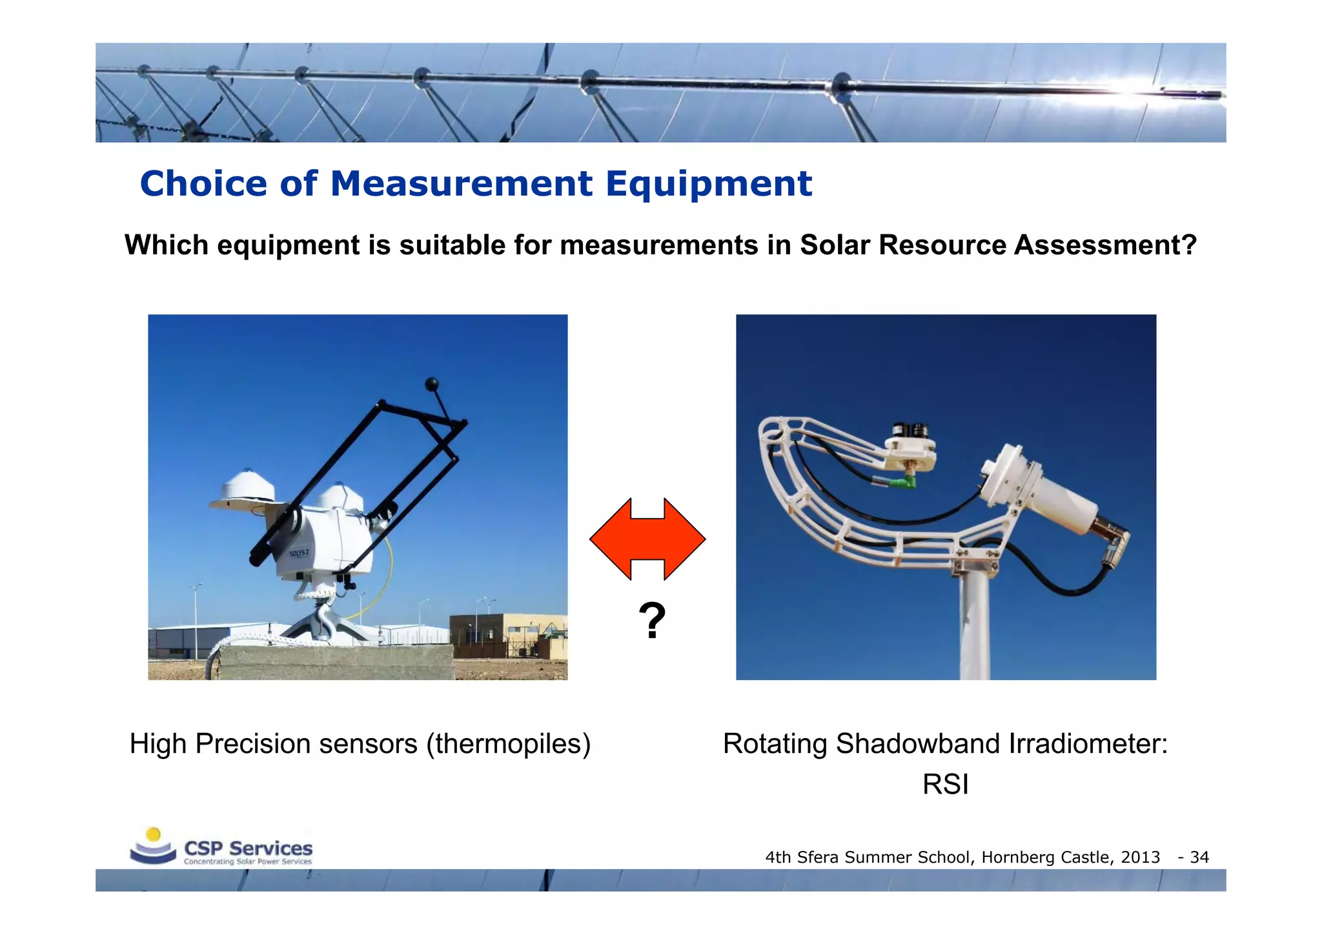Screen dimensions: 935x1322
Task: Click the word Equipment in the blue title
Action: pos(708,184)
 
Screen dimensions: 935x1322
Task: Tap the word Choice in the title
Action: pos(203,184)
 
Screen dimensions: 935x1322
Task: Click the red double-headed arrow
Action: pos(647,539)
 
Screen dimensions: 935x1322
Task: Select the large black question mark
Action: pos(652,621)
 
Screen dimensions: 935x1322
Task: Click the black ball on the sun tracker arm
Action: pos(432,385)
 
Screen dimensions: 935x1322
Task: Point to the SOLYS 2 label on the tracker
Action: pos(299,553)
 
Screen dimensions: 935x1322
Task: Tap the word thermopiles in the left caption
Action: pos(508,744)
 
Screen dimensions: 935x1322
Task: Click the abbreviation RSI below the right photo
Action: pos(945,785)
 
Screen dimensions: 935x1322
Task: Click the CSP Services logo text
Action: pos(248,848)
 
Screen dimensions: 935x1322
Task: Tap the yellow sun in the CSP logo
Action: pos(154,834)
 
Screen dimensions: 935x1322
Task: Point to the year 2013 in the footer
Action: pos(1140,858)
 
